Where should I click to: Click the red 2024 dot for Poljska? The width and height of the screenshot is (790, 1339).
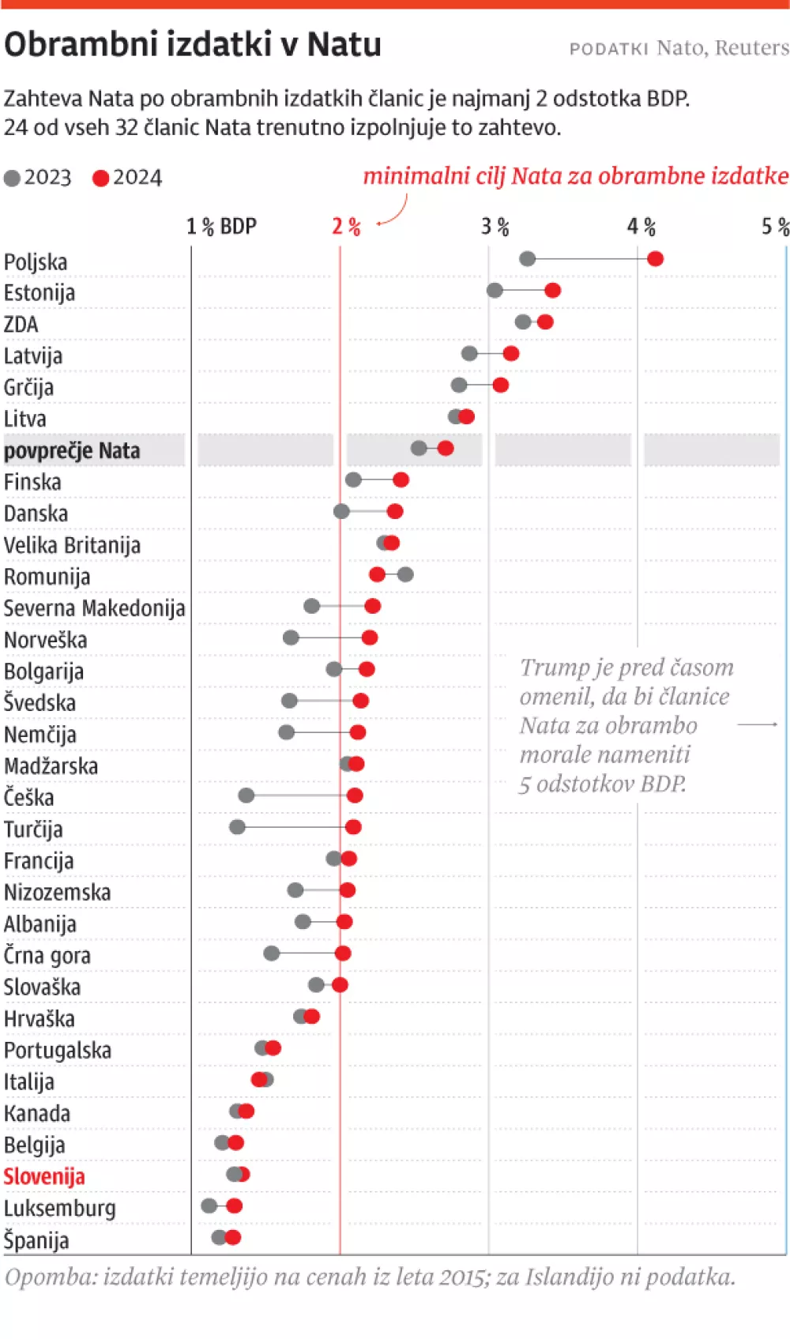(655, 258)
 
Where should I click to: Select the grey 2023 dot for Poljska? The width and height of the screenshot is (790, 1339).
(528, 258)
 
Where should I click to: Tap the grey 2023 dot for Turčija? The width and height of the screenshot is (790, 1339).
(237, 827)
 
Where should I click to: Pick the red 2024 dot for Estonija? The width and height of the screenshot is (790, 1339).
(553, 290)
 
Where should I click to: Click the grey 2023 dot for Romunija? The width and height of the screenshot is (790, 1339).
(405, 574)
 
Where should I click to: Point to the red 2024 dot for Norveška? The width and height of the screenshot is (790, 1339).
(370, 638)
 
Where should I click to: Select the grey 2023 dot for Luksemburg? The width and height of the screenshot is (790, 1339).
(209, 1205)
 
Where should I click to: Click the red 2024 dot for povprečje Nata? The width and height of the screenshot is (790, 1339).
(446, 448)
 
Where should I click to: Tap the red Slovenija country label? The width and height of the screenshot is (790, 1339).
(44, 1176)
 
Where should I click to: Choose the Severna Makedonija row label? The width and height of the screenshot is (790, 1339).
(94, 608)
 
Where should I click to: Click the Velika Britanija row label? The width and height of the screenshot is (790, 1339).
(72, 545)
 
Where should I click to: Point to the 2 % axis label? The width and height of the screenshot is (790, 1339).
(346, 228)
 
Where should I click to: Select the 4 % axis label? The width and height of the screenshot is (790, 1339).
(641, 228)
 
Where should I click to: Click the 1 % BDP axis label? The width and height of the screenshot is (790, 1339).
(221, 228)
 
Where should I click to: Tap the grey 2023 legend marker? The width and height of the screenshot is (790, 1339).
(12, 179)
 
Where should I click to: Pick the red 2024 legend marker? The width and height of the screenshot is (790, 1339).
(100, 179)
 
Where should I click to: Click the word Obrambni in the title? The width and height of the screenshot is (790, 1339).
(82, 44)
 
